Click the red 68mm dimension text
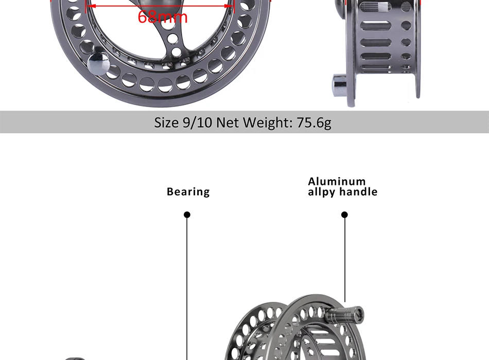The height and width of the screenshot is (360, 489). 163,16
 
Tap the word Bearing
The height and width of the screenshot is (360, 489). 188,192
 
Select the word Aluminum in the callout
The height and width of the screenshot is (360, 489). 337,181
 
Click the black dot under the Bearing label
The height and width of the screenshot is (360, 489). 187,215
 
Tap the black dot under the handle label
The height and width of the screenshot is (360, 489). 344,215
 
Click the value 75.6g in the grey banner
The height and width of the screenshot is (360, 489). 314,122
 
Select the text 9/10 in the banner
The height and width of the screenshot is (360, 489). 197,122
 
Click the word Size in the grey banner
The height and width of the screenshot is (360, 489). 167,122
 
